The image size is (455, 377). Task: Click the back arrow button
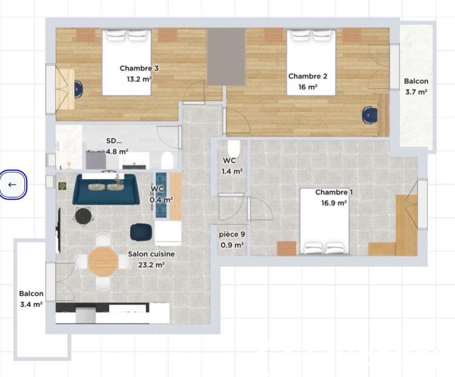[12, 185]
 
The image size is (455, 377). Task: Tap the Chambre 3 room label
[139, 68]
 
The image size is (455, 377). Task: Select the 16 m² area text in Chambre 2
[308, 87]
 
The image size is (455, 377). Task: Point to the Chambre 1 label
[334, 192]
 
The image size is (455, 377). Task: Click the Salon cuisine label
[151, 254]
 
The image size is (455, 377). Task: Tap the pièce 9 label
[232, 235]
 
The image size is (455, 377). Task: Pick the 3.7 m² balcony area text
[416, 92]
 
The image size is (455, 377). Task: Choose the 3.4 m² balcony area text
[31, 304]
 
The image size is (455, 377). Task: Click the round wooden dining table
[103, 261]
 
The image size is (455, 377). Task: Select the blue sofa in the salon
[106, 189]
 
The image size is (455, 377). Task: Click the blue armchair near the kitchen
[141, 231]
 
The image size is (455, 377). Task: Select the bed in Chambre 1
[324, 221]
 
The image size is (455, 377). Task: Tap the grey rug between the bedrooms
[227, 57]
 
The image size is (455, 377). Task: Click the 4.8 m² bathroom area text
[117, 151]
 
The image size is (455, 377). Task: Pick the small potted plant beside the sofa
[62, 186]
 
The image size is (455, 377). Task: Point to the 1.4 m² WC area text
[232, 171]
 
